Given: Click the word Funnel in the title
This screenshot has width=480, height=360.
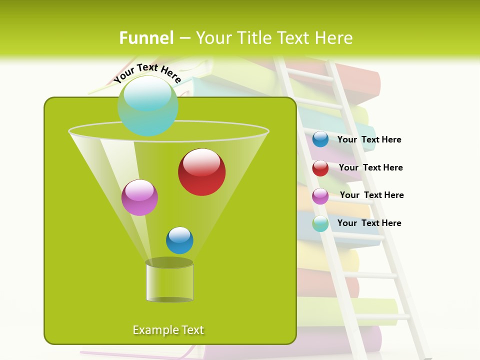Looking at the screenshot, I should pos(146,38).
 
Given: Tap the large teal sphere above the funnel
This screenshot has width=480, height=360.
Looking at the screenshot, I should pos(147,106).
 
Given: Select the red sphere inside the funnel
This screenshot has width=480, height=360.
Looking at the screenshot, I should pos(201,172).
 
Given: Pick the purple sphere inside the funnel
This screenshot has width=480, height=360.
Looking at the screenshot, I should pos(139,197).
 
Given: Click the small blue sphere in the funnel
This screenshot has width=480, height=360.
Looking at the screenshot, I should pos(179,240).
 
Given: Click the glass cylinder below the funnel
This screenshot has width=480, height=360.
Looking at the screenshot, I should pos(169,282).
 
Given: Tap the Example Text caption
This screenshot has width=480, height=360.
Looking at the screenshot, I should pos(168,330).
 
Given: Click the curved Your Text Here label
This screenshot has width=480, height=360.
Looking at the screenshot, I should pos(147,73).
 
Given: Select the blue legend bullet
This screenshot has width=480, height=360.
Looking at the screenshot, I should pos(320,139).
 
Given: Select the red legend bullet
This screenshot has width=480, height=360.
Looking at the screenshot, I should pos(320,168).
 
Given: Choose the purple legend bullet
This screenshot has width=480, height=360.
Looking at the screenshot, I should pos(320,196).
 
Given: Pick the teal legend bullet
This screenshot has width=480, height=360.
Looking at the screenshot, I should pos(320,223).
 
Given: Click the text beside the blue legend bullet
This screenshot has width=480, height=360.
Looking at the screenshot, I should pos(369,140).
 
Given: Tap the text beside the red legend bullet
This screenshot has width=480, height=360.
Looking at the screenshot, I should pos(370,168).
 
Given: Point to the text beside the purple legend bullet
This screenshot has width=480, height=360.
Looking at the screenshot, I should pos(371,195).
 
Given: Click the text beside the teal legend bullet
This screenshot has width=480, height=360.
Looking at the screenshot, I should pos(369,223).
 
